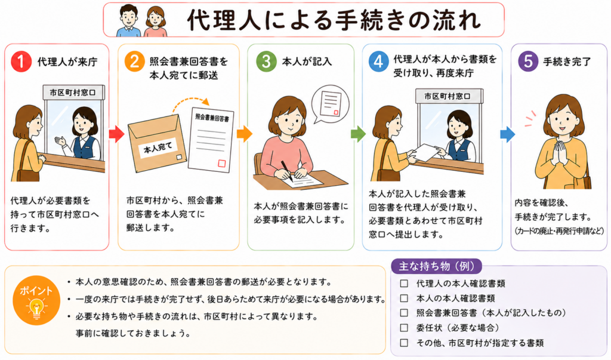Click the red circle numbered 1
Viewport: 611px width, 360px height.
[x=21, y=61]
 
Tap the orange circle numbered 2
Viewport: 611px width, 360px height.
[x=134, y=61]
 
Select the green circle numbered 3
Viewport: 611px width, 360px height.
[x=266, y=61]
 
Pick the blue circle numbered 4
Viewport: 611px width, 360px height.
[x=378, y=61]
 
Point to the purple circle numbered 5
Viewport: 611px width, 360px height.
[x=528, y=61]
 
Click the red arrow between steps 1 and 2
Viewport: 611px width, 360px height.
[x=116, y=134]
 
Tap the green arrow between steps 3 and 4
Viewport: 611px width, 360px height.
[x=358, y=134]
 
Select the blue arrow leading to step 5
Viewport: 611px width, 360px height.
[x=507, y=134]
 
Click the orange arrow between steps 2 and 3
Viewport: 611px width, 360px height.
[x=244, y=134]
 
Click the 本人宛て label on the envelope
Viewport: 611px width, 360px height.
[x=158, y=148]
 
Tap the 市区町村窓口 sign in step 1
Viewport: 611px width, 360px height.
[x=73, y=93]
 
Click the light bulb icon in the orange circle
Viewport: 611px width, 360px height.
[x=36, y=307]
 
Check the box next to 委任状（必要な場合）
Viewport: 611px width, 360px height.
[x=404, y=328]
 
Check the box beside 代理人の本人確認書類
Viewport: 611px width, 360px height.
[x=404, y=283]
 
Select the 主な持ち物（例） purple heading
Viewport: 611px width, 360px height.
[x=436, y=266]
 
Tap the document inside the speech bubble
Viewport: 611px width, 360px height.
[x=331, y=104]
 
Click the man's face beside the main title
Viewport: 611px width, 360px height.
[x=129, y=18]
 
